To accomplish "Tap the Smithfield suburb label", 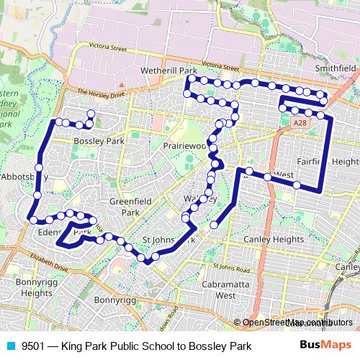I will tap(336, 68).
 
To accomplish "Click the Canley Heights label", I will tap(274, 239).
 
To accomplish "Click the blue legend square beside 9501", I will tap(10, 346).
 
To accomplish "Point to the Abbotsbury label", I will tap(23, 176).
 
